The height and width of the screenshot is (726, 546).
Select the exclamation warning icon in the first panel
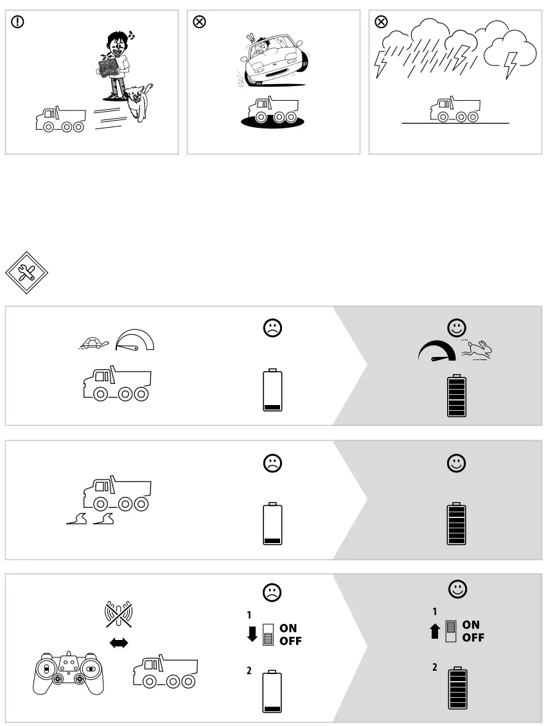tap(17, 22)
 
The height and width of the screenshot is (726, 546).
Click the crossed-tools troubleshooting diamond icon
tap(26, 273)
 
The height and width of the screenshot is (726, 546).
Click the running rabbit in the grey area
tap(477, 350)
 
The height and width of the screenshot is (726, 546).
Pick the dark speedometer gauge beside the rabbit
tap(437, 351)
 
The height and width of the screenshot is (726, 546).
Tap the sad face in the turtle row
tap(272, 328)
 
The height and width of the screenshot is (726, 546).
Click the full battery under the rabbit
tap(457, 396)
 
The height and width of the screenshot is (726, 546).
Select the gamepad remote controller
tap(69, 672)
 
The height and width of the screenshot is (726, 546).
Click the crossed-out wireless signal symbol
tap(119, 615)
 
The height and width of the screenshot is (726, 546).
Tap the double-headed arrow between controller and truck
tap(119, 643)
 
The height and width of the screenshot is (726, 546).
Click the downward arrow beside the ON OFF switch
tap(252, 634)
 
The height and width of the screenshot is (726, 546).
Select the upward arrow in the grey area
tap(435, 631)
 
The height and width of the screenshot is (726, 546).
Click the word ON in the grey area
tap(471, 625)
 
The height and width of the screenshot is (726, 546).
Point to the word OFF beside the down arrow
tap(290, 641)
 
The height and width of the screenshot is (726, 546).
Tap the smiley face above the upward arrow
tap(457, 589)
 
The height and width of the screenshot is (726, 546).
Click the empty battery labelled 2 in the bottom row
tap(272, 691)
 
